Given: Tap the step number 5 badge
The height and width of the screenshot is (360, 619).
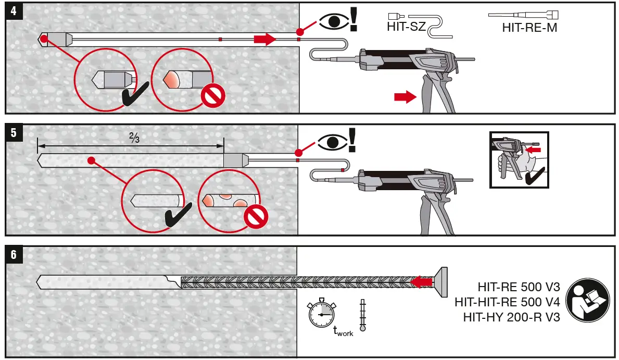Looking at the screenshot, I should pyautogui.click(x=14, y=133).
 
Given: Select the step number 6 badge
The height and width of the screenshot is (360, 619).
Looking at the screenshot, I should pyautogui.click(x=14, y=255).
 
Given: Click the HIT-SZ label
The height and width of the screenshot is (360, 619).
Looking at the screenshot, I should pyautogui.click(x=406, y=27).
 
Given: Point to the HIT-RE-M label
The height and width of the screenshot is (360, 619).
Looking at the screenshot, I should pyautogui.click(x=529, y=28).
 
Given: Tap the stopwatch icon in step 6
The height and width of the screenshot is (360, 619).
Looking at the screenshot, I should pyautogui.click(x=321, y=314).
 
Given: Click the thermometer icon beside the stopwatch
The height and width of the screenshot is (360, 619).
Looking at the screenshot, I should pyautogui.click(x=362, y=315).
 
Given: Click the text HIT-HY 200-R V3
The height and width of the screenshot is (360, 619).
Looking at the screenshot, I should pyautogui.click(x=512, y=316).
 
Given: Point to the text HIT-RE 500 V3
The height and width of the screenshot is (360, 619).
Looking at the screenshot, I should pyautogui.click(x=519, y=287).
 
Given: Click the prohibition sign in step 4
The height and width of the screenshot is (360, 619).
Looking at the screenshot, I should pyautogui.click(x=212, y=96).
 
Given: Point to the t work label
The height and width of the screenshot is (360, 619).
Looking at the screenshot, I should pyautogui.click(x=343, y=331).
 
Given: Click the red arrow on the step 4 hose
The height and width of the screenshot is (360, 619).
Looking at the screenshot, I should pyautogui.click(x=264, y=39).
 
